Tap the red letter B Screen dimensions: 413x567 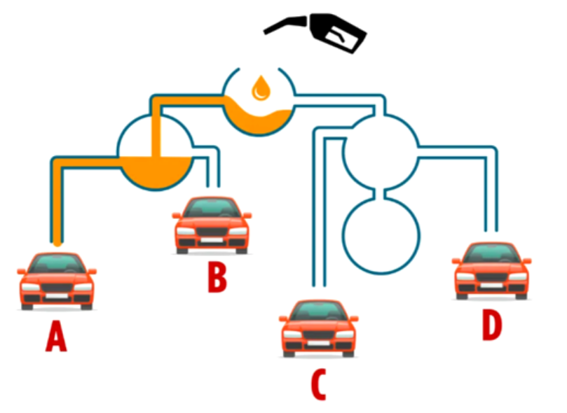pyautogui.click(x=217, y=276)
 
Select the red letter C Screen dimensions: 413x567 pyautogui.click(x=318, y=383)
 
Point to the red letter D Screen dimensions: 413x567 pyautogui.click(x=492, y=325)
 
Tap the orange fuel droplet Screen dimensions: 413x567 pyautogui.click(x=261, y=87)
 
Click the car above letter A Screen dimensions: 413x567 pyautogui.click(x=57, y=280)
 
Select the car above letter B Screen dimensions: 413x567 pyautogui.click(x=212, y=224)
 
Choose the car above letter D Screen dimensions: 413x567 pyautogui.click(x=491, y=269)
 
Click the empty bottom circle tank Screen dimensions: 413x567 pyautogui.click(x=381, y=234)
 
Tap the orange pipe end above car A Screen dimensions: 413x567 pyautogui.click(x=57, y=241)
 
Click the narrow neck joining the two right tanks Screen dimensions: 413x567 pyautogui.click(x=381, y=191)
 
